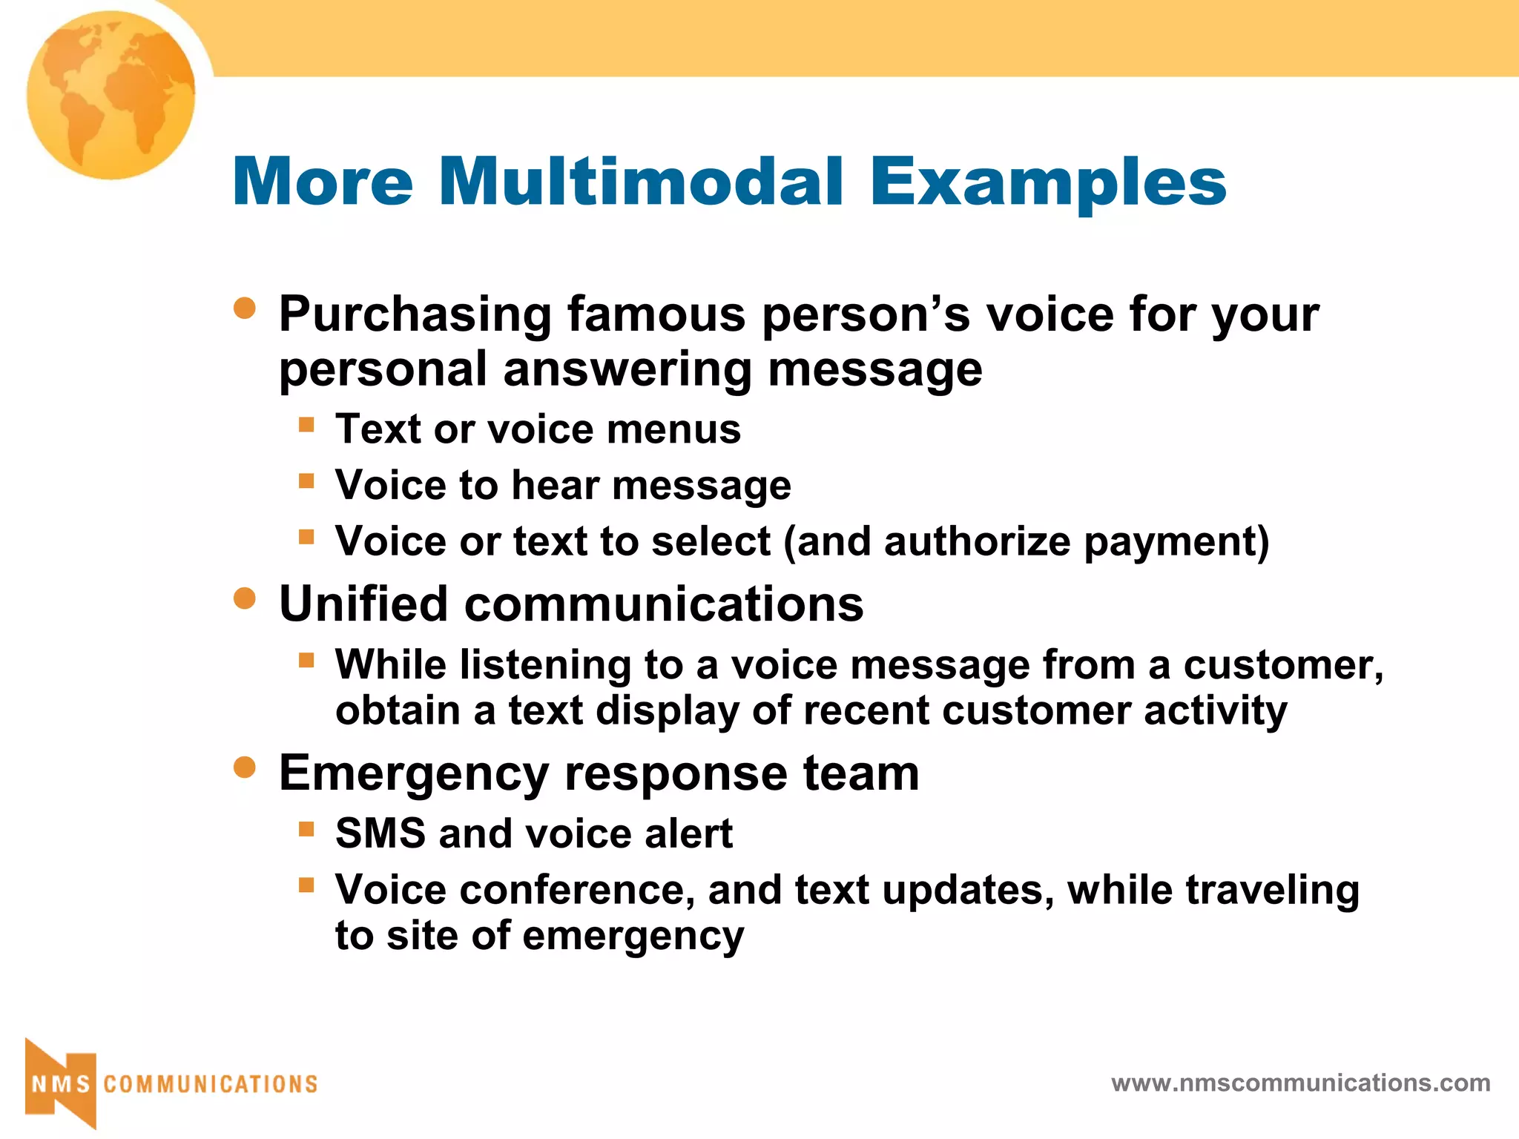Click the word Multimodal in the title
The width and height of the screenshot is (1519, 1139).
click(x=641, y=182)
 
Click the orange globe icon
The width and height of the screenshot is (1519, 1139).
click(x=111, y=95)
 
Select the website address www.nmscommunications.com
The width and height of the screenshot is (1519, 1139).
click(x=1300, y=1083)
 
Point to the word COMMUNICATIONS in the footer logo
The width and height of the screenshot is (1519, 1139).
click(x=211, y=1084)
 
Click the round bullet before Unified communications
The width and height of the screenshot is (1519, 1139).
click(x=245, y=598)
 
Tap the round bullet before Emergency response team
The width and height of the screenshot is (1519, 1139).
click(x=245, y=767)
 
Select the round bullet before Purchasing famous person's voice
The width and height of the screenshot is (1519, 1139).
click(x=245, y=308)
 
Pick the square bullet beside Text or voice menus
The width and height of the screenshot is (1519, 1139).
click(x=306, y=425)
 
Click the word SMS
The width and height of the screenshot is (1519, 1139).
click(x=380, y=833)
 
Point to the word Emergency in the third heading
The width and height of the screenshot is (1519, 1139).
click(x=413, y=775)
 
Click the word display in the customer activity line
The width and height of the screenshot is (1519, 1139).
click(x=668, y=711)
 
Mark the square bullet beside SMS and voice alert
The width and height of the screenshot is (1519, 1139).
click(x=306, y=828)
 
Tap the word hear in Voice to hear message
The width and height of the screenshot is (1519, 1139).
click(x=555, y=486)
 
